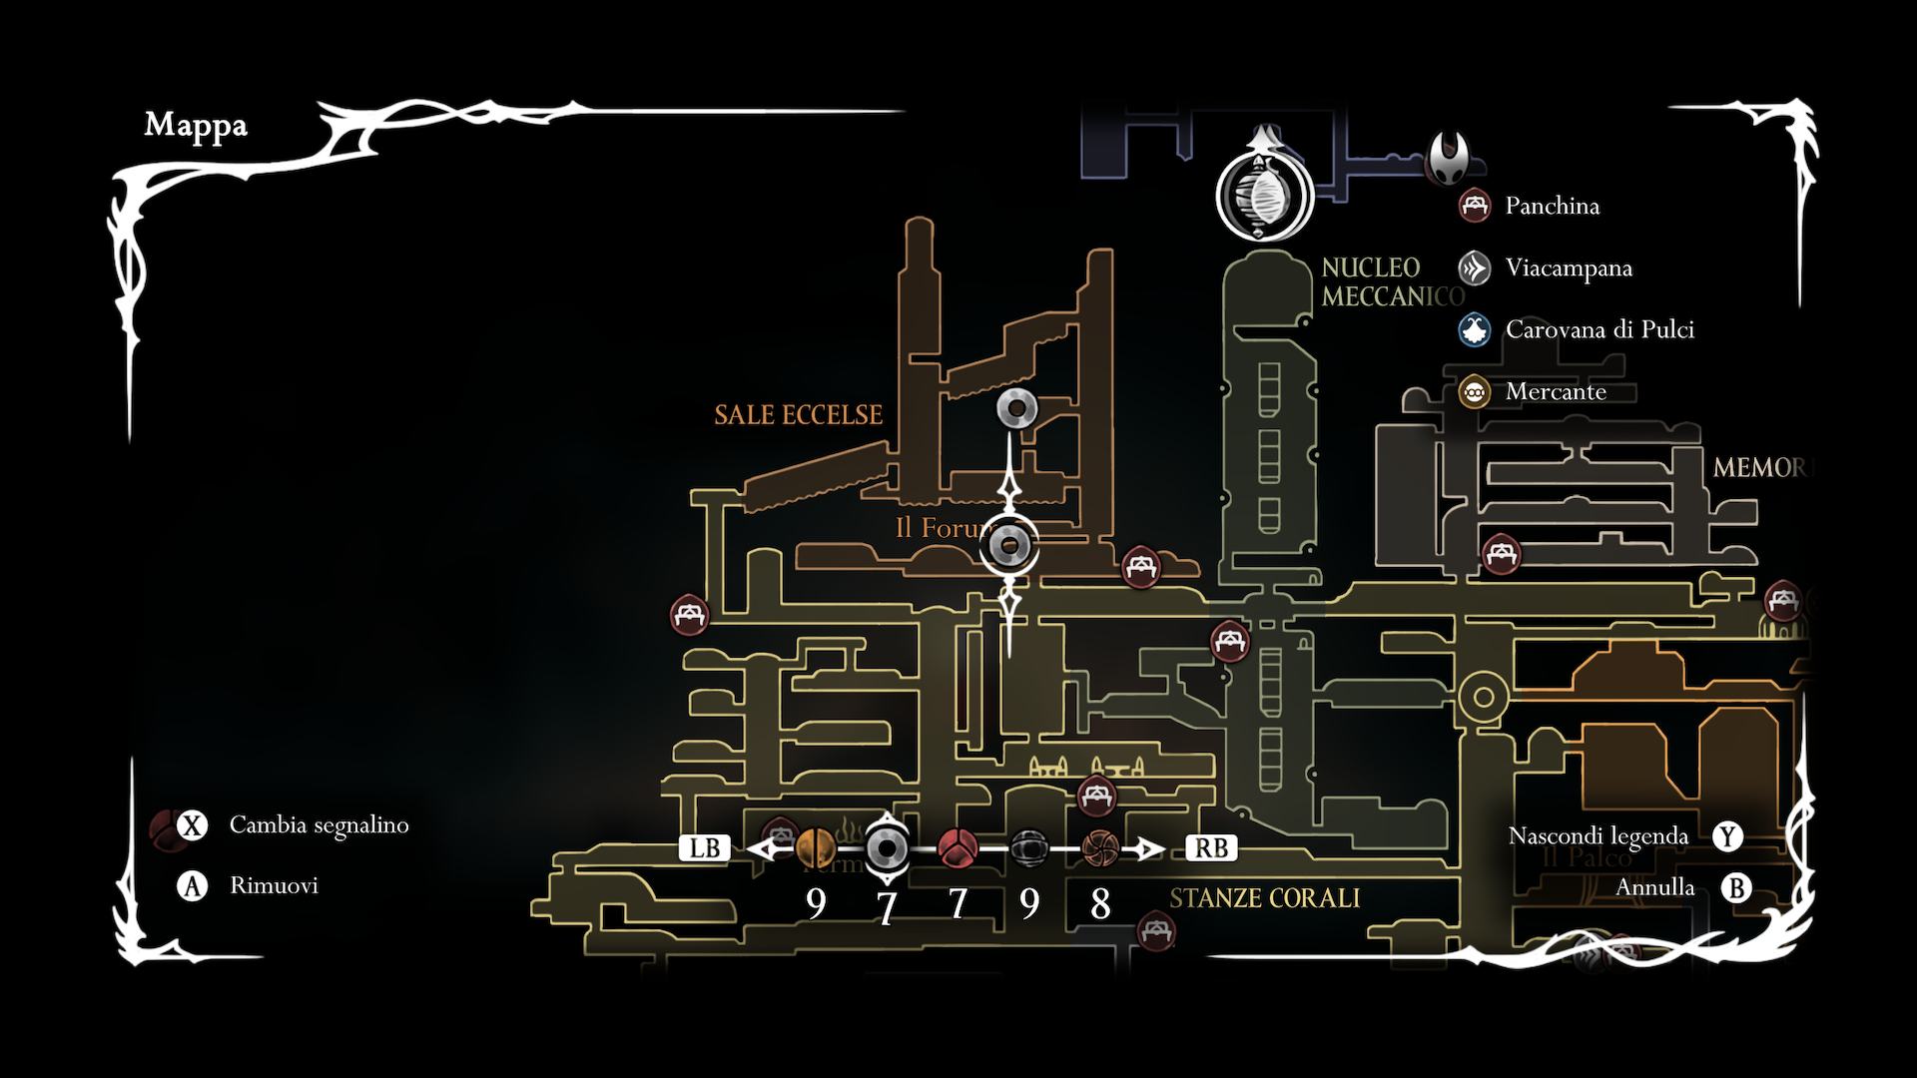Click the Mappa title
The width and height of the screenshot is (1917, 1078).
point(196,126)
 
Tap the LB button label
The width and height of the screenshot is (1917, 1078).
point(705,848)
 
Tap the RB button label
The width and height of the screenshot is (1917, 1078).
point(1211,848)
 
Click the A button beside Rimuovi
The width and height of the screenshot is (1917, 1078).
point(192,885)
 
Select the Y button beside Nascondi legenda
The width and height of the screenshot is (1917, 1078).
point(1727,836)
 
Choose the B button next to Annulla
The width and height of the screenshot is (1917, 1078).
point(1736,887)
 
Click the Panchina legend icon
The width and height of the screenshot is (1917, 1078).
point(1475,207)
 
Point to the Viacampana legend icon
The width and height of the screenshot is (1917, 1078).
point(1475,269)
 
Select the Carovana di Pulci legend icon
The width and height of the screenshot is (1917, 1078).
point(1475,330)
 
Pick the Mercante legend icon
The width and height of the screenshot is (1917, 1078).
point(1475,392)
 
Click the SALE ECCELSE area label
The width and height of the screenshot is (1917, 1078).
point(798,415)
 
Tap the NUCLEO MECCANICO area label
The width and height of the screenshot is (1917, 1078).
point(1392,281)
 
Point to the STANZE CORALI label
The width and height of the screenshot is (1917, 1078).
point(1264,898)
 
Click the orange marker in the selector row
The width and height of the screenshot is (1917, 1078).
point(816,848)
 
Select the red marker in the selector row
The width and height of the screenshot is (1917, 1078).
point(958,848)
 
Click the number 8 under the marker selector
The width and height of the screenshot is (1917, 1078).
point(1099,904)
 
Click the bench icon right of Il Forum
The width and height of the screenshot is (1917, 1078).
point(1140,567)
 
